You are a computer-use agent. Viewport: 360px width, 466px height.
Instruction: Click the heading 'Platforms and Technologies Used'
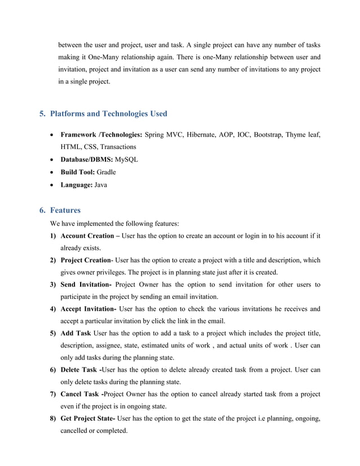click(x=108, y=113)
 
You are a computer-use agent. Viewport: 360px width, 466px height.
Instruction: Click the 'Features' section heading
click(x=65, y=210)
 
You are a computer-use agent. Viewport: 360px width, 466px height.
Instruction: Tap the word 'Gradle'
click(x=106, y=172)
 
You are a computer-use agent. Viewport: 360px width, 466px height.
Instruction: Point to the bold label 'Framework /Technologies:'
click(x=101, y=135)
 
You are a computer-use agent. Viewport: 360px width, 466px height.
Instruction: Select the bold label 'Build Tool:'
click(x=78, y=172)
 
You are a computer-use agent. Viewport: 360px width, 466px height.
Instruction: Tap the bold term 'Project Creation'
click(x=85, y=260)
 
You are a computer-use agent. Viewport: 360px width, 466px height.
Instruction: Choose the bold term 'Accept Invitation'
click(x=88, y=309)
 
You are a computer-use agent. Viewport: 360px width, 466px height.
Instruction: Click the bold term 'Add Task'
click(x=76, y=333)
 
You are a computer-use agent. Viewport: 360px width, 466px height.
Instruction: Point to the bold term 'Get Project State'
click(x=87, y=418)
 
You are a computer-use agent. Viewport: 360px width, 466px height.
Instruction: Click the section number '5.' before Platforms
click(x=42, y=113)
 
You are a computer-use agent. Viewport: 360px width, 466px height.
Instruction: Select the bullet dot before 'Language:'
click(x=52, y=184)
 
